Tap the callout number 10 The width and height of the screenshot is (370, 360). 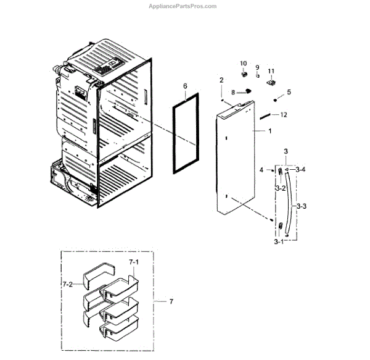(243, 64)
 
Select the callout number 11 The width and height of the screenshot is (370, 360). (271, 71)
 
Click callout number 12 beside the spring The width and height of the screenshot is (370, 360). (284, 115)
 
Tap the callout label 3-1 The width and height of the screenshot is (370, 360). (279, 242)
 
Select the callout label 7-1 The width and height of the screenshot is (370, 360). (134, 262)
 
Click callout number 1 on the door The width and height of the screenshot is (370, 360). (269, 131)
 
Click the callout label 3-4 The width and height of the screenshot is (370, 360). (300, 169)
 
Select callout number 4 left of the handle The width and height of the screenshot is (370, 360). (261, 169)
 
